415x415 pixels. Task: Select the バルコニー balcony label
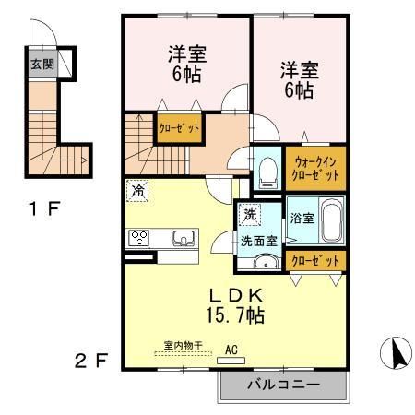(282, 385)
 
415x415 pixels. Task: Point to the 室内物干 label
(183, 346)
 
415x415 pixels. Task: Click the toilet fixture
(268, 169)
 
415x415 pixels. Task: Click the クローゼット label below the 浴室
(315, 261)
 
